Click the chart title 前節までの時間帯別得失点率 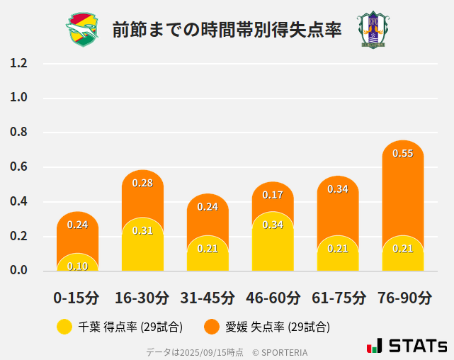227,30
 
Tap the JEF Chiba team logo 83,29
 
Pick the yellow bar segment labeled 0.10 78,263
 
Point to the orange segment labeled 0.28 142,191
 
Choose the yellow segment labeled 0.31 142,245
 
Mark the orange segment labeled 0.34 338,202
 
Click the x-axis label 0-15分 76,297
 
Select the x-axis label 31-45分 207,297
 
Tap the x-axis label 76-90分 404,297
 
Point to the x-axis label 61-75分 339,297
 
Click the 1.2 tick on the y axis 19,63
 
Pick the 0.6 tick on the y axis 19,167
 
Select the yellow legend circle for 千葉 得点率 64,327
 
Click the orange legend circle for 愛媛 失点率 212,327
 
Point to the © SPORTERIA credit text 280,352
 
